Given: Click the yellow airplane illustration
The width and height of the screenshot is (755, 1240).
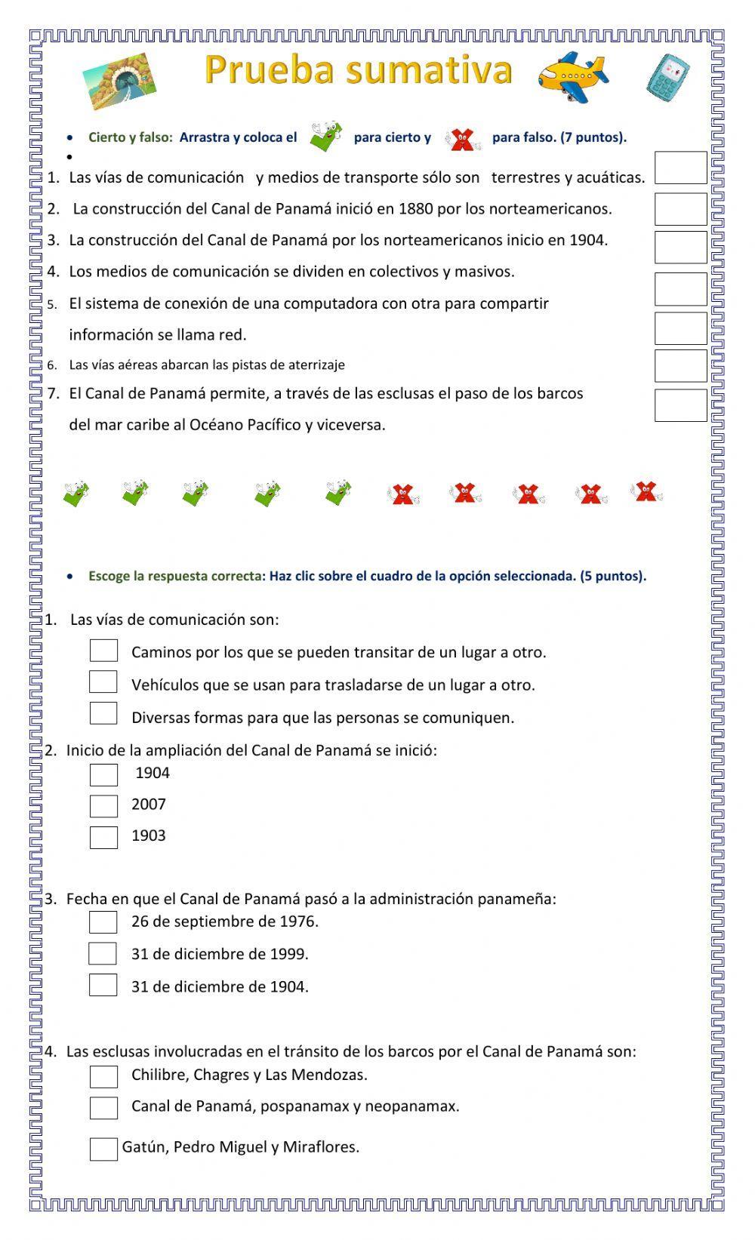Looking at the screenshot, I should point(572,76).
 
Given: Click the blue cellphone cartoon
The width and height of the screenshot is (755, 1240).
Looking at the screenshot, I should point(668,78).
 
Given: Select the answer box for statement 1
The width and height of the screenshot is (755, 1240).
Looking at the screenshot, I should point(680,168).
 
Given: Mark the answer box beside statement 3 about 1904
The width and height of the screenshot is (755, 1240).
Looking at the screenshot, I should point(680,248).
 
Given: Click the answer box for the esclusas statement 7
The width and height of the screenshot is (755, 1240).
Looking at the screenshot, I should point(680,405).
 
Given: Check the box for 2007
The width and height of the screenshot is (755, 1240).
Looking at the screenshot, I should point(103,806).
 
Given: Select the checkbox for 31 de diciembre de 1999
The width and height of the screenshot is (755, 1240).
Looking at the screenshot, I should point(103,954).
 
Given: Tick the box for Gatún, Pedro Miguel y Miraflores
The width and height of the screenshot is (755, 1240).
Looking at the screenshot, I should point(103,1149).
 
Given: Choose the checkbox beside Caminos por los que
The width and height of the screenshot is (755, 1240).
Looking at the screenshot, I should point(103,651).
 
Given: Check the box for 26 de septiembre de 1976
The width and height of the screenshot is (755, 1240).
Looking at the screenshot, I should point(103,922).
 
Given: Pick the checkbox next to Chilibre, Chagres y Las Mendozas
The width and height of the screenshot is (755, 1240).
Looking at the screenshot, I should point(103,1076).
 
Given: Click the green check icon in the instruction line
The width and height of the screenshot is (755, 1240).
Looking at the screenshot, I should point(325,137).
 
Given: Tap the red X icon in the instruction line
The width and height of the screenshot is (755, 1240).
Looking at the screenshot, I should point(461,138).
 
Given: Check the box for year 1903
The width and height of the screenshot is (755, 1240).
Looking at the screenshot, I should point(103,838).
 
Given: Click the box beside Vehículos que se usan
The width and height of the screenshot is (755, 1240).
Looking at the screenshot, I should point(103,682).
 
